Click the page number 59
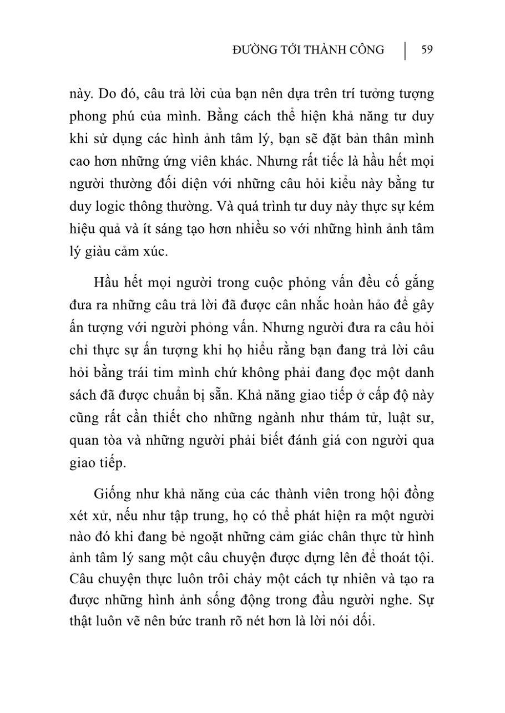(427, 50)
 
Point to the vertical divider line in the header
(405, 50)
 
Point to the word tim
(165, 373)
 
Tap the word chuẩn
(183, 395)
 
